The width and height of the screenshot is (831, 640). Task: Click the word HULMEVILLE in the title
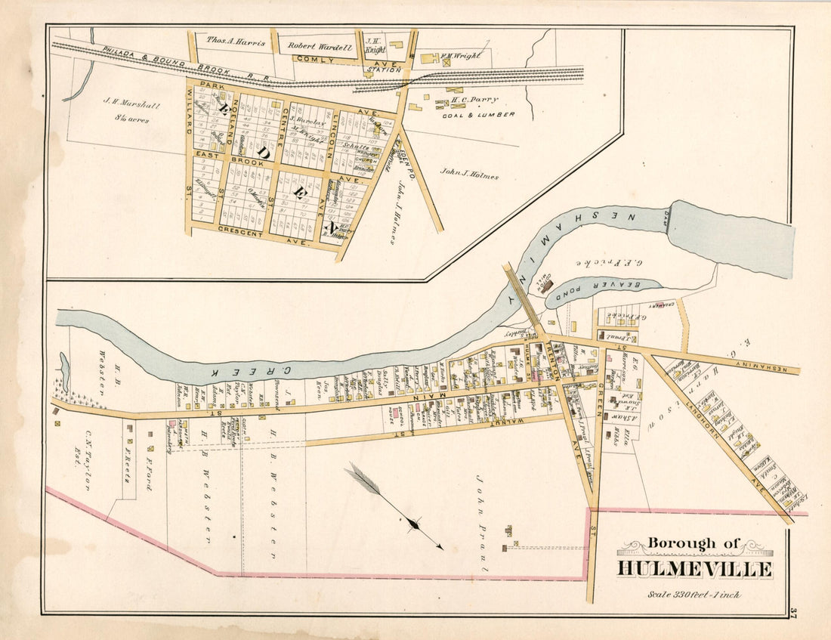695,569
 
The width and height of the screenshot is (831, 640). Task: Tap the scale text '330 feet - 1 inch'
694,594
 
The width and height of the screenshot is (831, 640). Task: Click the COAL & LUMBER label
479,115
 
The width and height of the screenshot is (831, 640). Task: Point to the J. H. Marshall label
131,107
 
